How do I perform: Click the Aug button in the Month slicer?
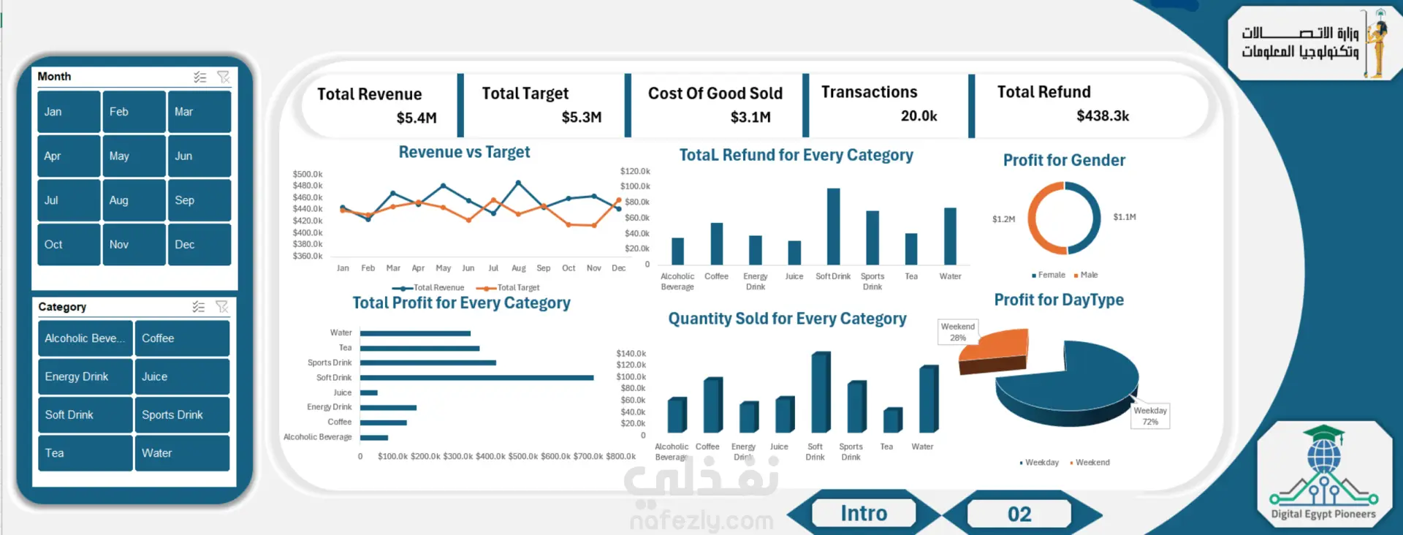(134, 200)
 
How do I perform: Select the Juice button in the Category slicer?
(181, 376)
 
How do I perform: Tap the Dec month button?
(199, 244)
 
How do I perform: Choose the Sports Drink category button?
(181, 414)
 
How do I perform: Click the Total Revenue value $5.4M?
(417, 118)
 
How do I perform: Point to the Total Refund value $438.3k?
(1103, 116)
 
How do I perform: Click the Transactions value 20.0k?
(919, 116)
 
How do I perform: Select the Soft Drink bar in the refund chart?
(833, 227)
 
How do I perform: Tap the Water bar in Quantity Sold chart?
(928, 399)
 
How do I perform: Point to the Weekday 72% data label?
(1150, 416)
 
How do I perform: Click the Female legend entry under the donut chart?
(1049, 275)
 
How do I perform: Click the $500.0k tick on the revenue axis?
(308, 174)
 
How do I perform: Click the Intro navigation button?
(864, 513)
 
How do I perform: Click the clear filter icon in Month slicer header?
(224, 77)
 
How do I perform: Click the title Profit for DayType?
(1059, 300)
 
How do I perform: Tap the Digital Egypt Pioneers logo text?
(1323, 514)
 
